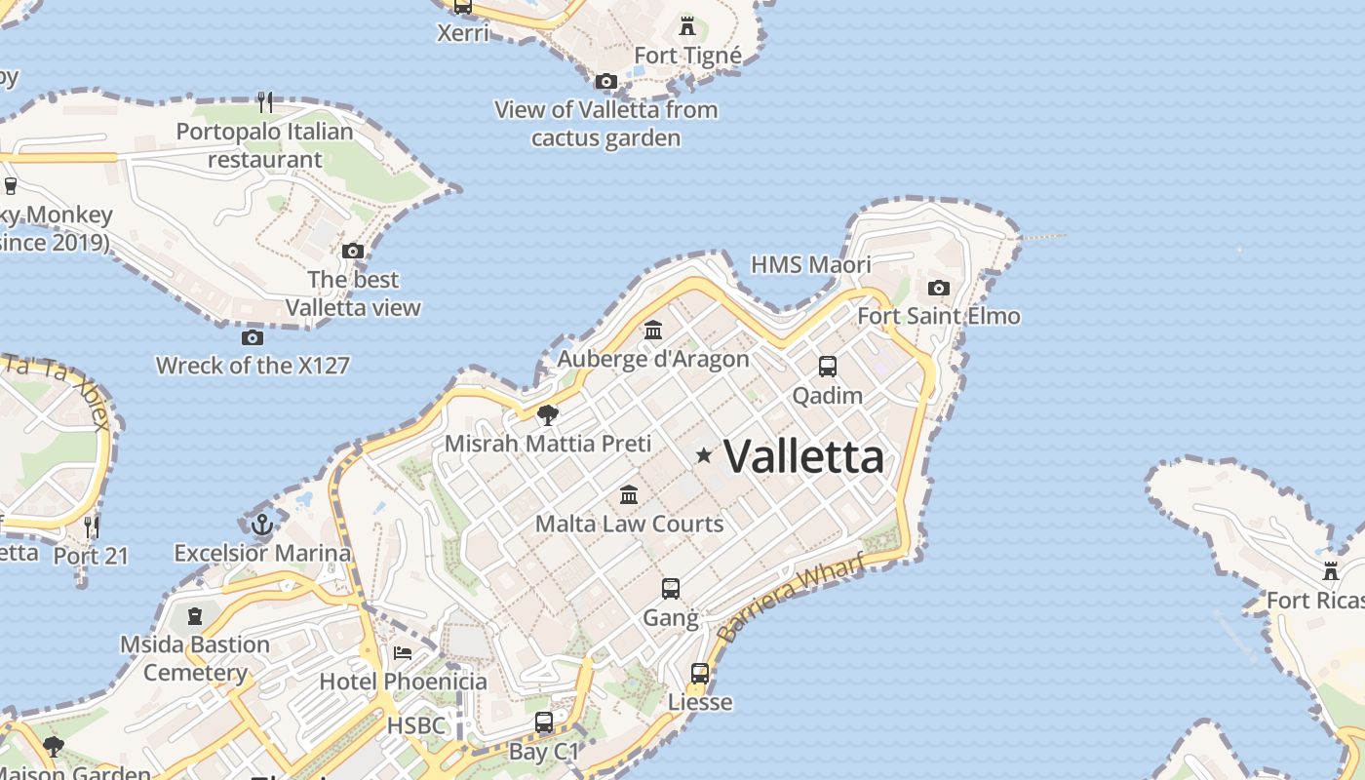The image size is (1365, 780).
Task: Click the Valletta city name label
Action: click(x=804, y=456)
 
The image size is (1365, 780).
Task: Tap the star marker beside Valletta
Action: click(x=704, y=455)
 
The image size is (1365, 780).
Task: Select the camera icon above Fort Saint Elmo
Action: click(x=939, y=288)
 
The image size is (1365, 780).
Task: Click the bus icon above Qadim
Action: click(x=828, y=367)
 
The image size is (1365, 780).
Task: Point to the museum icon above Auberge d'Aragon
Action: click(x=653, y=331)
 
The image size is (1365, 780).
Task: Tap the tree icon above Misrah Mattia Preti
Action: click(x=548, y=415)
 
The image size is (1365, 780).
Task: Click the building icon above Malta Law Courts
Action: click(x=629, y=495)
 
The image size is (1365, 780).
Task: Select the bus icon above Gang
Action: click(x=671, y=589)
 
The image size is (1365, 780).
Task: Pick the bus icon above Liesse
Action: click(x=700, y=674)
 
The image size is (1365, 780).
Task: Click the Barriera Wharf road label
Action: click(x=791, y=597)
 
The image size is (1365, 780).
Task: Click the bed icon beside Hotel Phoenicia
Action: click(x=403, y=652)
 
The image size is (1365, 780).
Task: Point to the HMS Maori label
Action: click(x=811, y=264)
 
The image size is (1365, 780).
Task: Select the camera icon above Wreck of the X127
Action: click(x=253, y=337)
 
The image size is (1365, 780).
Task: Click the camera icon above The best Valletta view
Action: click(x=353, y=251)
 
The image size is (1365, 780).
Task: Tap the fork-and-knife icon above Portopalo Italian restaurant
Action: click(x=264, y=101)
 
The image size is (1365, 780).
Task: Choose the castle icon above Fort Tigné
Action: click(x=687, y=26)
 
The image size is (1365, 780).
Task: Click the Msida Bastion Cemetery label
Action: click(x=195, y=658)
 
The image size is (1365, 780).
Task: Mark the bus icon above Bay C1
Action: click(x=544, y=723)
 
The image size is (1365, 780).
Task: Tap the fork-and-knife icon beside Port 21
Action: click(x=92, y=527)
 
